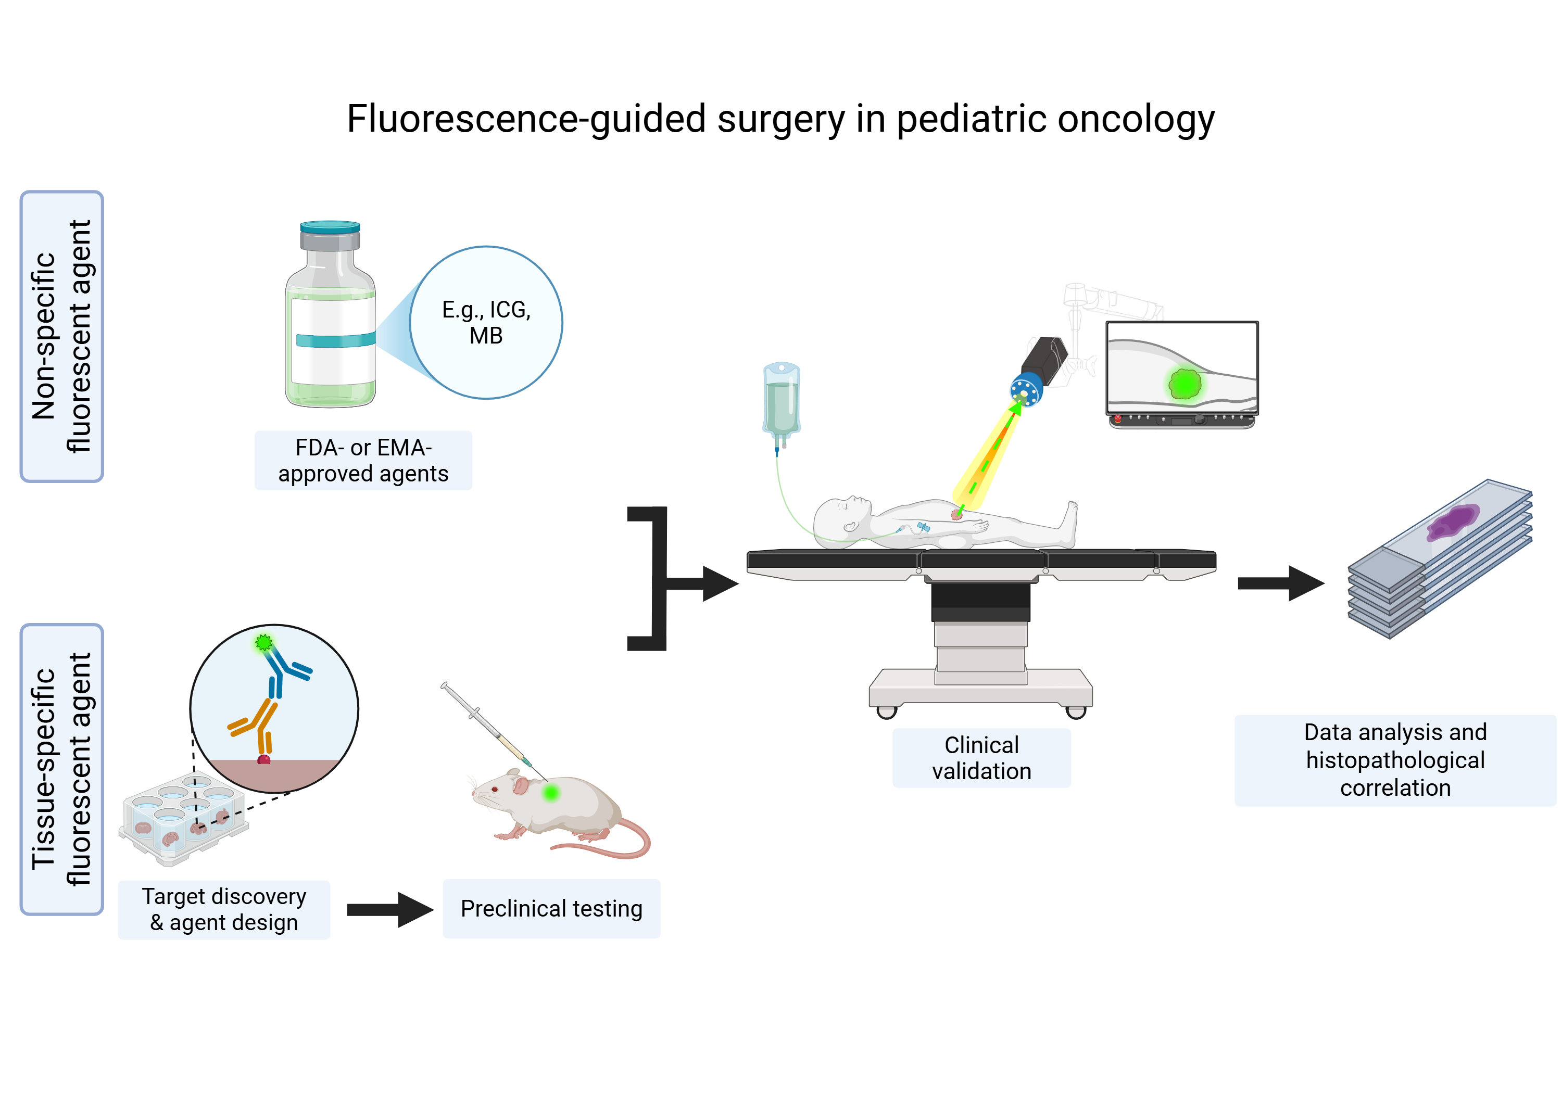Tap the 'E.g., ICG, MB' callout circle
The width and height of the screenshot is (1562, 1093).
tap(486, 322)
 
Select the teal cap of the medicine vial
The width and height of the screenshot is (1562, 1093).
tap(330, 226)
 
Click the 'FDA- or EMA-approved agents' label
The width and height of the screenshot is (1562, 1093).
tap(363, 461)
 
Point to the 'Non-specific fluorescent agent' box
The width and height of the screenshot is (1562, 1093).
tap(62, 336)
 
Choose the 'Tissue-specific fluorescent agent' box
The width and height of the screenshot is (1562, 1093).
tap(62, 769)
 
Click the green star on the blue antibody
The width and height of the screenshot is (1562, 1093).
tap(264, 642)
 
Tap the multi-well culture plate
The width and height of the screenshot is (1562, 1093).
tap(182, 820)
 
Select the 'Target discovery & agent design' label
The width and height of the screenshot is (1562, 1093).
tap(224, 909)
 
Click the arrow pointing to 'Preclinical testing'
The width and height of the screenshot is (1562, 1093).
tap(389, 909)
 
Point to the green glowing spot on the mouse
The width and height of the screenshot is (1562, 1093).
tap(551, 792)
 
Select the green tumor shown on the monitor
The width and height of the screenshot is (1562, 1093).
tap(1185, 384)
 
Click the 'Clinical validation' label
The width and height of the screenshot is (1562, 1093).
tap(981, 758)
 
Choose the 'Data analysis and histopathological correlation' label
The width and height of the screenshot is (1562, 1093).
tap(1395, 760)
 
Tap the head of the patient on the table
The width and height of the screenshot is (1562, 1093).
tap(840, 517)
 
